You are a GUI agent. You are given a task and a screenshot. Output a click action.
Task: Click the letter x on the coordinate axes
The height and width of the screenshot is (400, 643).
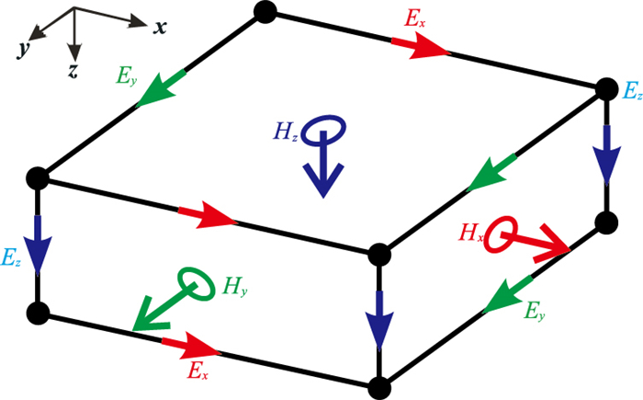[x=160, y=27]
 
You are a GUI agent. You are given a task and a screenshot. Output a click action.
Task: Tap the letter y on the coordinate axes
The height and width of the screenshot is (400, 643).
[x=19, y=49]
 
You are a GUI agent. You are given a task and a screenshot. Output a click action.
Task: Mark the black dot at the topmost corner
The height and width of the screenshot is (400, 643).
[x=264, y=11]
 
